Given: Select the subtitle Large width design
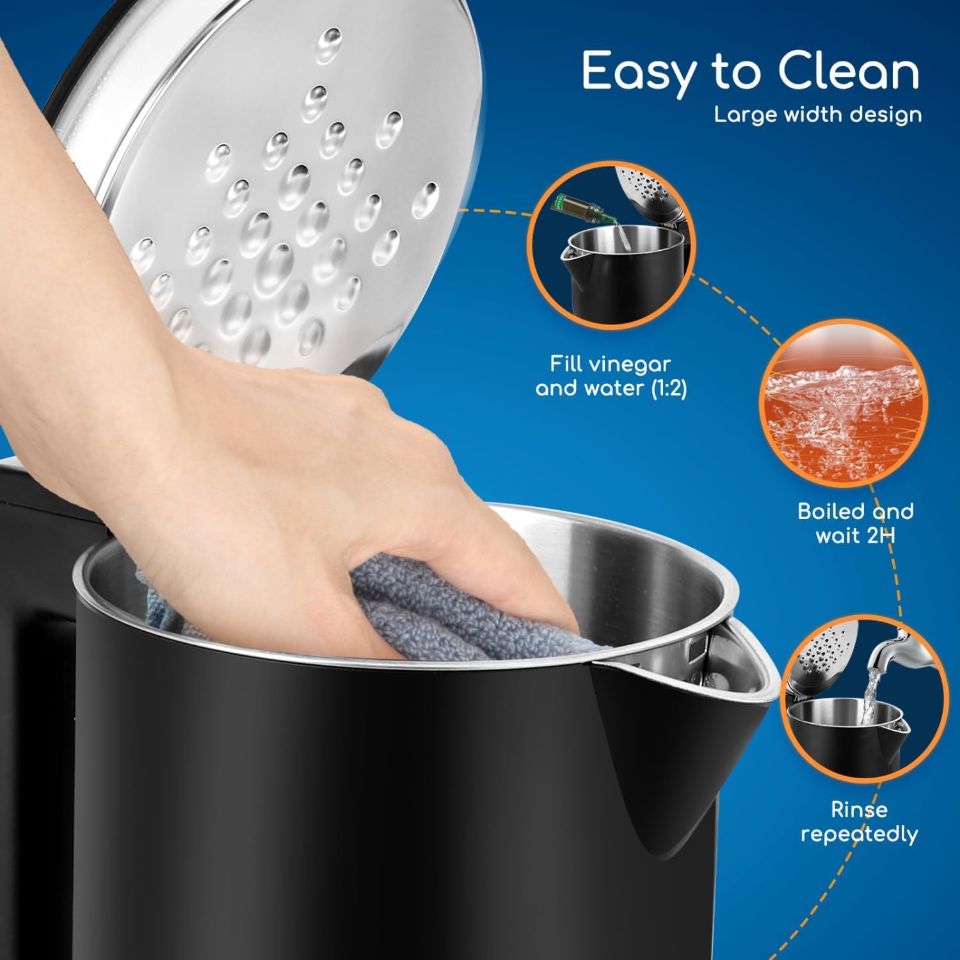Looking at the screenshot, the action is pos(818,115).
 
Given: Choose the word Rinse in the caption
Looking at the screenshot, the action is pos(859,810).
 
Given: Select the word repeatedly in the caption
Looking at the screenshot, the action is pos(859,835).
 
